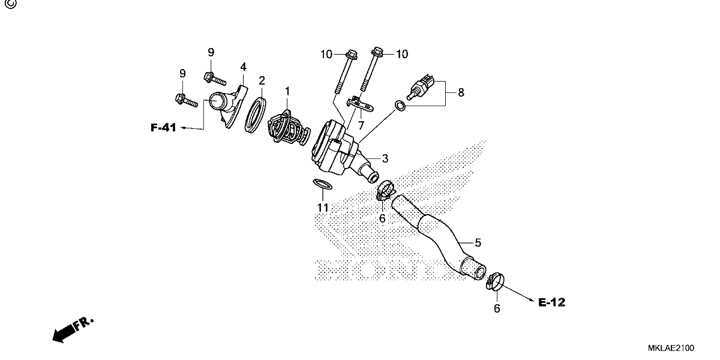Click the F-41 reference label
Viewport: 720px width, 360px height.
tap(163, 128)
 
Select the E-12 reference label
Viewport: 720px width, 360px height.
tap(551, 302)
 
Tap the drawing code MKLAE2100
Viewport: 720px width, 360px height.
tap(671, 348)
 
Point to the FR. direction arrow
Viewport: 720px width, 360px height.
tap(73, 330)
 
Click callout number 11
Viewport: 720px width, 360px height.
tap(323, 208)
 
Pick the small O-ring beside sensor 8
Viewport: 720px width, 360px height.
tap(400, 106)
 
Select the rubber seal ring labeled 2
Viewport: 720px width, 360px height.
tap(255, 115)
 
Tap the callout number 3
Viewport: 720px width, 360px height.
tap(385, 158)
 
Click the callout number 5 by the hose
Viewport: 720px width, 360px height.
tap(478, 242)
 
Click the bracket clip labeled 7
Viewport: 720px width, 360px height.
tap(360, 104)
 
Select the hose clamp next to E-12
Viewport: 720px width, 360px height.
tap(495, 281)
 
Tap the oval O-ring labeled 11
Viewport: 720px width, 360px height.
tap(322, 184)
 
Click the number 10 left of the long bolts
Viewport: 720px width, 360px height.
tap(326, 55)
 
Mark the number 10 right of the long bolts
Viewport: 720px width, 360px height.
tap(402, 54)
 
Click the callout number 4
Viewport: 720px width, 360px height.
tap(244, 67)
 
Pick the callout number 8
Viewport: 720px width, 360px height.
tap(461, 92)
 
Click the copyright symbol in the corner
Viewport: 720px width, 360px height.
tap(11, 4)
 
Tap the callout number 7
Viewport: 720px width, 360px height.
tap(361, 125)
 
